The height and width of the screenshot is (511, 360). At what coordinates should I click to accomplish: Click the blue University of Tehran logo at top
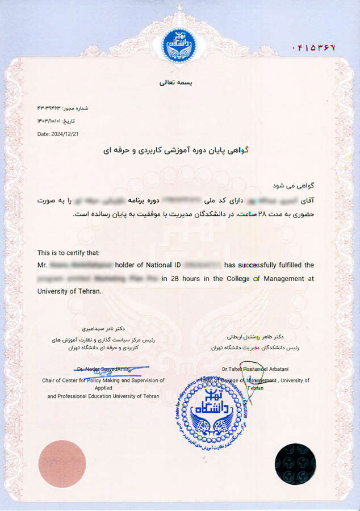(x=180, y=46)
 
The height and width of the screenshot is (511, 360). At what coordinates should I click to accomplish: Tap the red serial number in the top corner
(x=313, y=47)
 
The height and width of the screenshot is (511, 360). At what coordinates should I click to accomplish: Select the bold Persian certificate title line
(x=180, y=151)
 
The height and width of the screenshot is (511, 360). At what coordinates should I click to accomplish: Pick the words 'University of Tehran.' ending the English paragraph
(x=69, y=291)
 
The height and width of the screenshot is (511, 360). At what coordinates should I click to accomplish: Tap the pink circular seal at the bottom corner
(x=62, y=464)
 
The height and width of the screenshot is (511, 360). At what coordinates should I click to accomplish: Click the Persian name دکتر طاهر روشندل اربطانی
(x=259, y=337)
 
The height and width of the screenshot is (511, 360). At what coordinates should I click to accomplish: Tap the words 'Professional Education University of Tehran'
(x=103, y=396)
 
